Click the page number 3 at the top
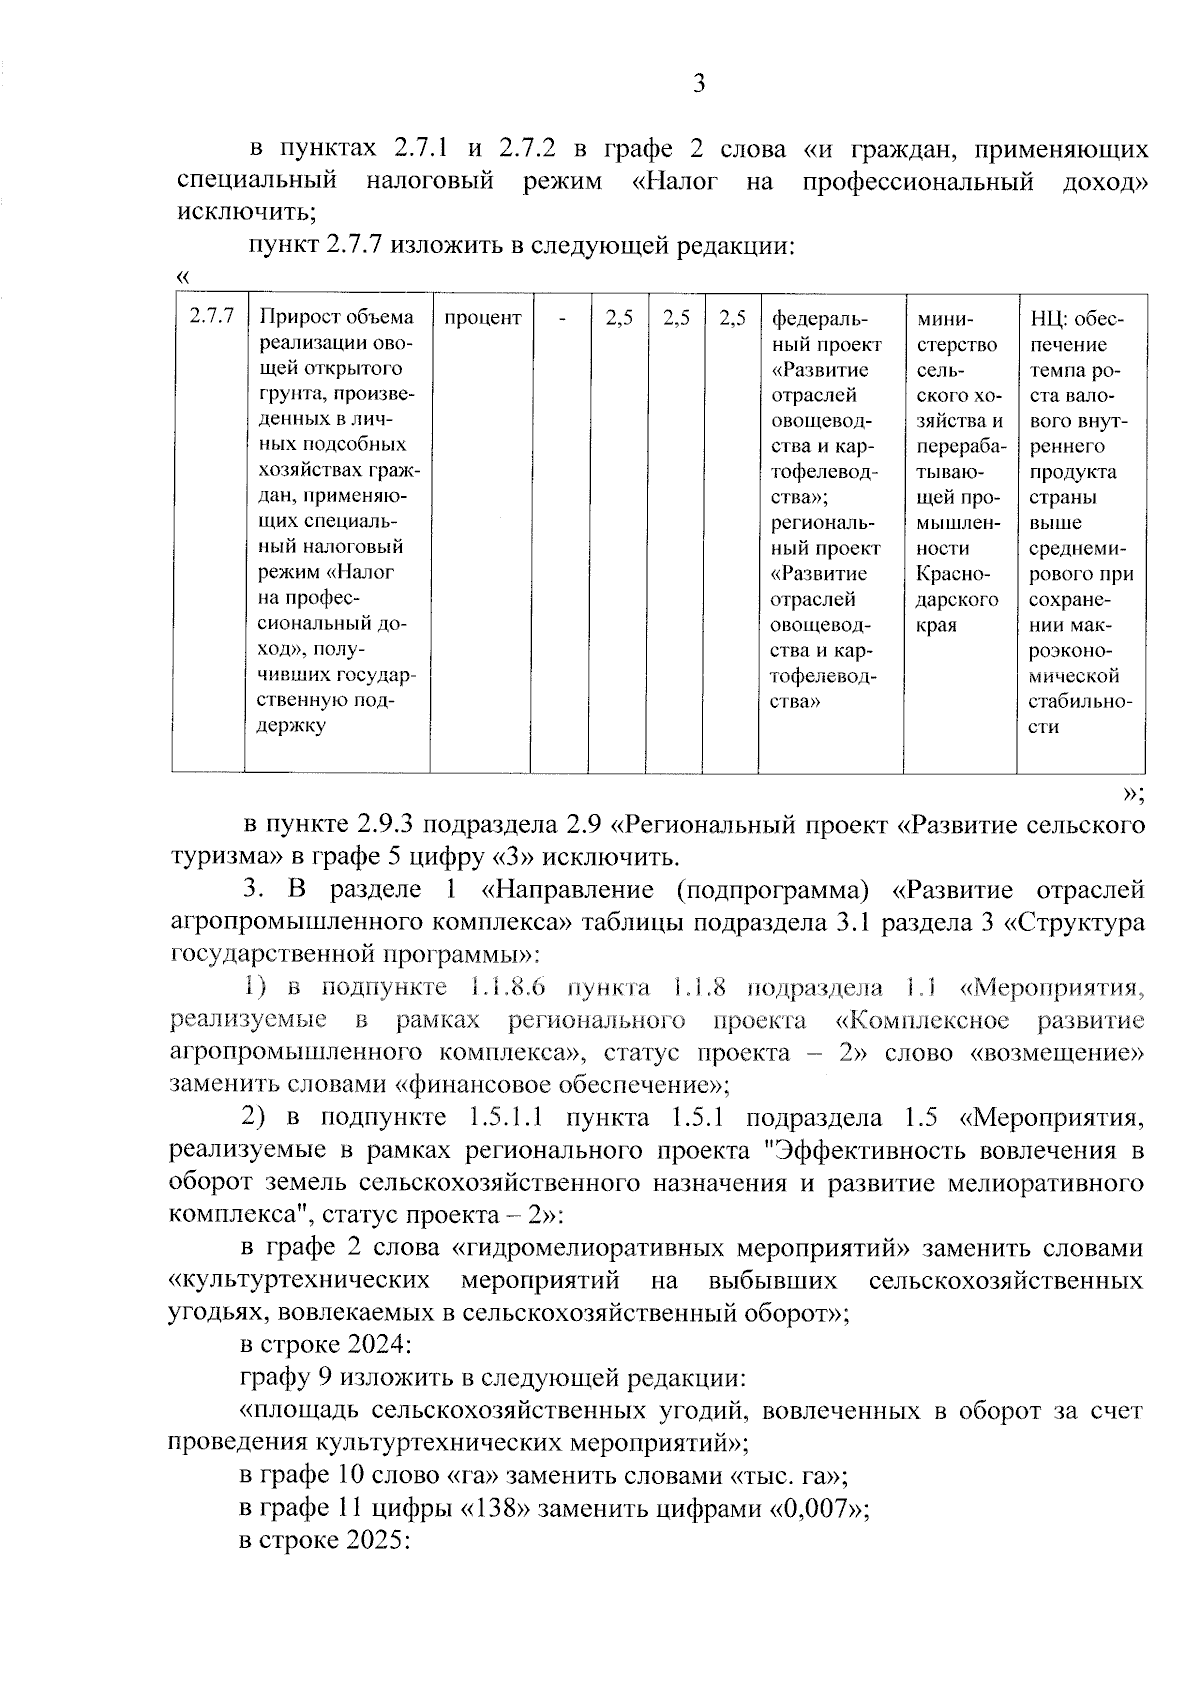tap(699, 84)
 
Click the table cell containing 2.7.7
tap(211, 318)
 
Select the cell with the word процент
tap(482, 318)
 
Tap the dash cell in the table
tap(562, 318)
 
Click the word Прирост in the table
tap(298, 318)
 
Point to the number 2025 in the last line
tap(376, 1542)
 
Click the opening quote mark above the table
tap(182, 275)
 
